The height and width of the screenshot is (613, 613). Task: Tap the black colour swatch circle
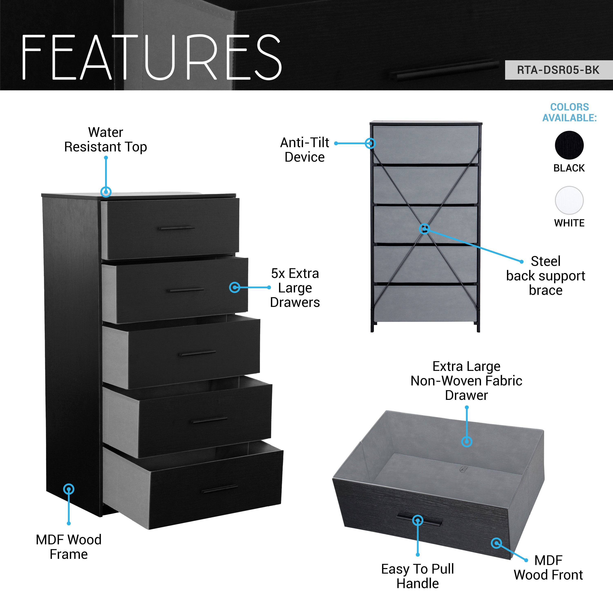pyautogui.click(x=569, y=145)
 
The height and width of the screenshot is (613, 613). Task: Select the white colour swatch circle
pyautogui.click(x=569, y=200)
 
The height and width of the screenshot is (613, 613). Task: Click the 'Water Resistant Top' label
pyautogui.click(x=106, y=140)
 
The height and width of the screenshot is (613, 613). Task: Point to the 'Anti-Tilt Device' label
pyautogui.click(x=305, y=150)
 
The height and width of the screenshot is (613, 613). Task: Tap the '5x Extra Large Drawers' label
pyautogui.click(x=295, y=288)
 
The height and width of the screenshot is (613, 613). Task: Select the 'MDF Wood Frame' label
pyautogui.click(x=68, y=547)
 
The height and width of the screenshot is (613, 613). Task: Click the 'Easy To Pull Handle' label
pyautogui.click(x=417, y=576)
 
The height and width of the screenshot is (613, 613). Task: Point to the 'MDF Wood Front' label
pyautogui.click(x=548, y=567)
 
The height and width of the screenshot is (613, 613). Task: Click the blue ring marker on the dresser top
pyautogui.click(x=106, y=192)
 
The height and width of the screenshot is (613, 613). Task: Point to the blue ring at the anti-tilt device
pyautogui.click(x=370, y=143)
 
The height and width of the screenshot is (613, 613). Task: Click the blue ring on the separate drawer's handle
pyautogui.click(x=417, y=520)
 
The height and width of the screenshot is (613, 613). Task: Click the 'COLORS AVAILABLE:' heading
pyautogui.click(x=569, y=112)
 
